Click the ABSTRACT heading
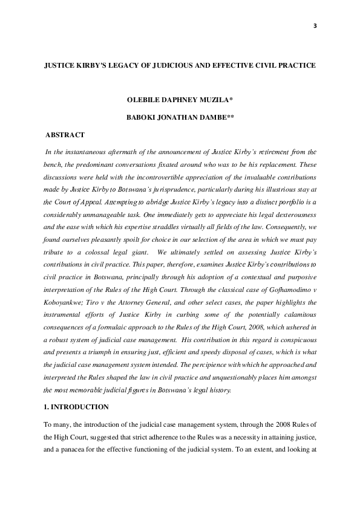point(65,135)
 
